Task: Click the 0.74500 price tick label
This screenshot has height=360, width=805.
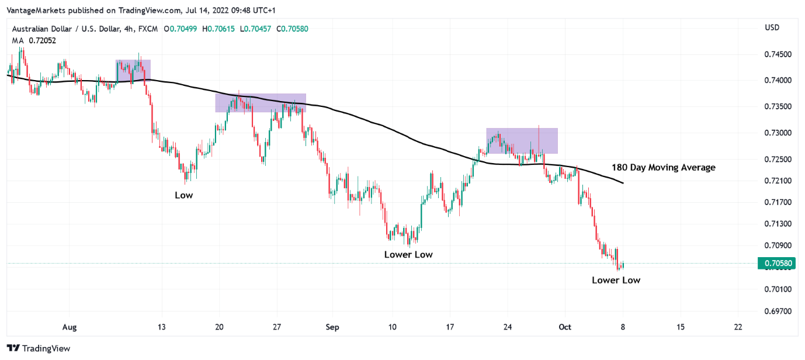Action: click(779, 54)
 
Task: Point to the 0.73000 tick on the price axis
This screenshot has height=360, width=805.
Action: click(779, 133)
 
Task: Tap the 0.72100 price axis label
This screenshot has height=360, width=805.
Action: click(779, 181)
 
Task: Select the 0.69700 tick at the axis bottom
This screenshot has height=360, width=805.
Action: click(779, 311)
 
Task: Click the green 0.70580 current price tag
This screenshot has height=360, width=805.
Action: click(778, 264)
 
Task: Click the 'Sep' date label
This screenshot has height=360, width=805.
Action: click(332, 327)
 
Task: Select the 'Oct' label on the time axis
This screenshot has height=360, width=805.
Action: click(564, 327)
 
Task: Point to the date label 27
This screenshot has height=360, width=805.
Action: click(277, 327)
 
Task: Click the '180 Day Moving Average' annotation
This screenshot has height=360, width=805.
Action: click(663, 168)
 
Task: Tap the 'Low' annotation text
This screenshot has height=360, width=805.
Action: click(183, 195)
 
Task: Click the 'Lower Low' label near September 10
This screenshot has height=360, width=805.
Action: click(408, 254)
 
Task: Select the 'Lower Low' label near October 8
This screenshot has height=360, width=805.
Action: click(616, 280)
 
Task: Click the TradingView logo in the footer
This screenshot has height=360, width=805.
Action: click(39, 348)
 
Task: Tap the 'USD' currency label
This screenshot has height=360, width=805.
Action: click(772, 27)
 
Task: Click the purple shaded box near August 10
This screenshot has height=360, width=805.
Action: click(133, 71)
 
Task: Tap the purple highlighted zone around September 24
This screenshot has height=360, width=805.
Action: click(522, 141)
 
